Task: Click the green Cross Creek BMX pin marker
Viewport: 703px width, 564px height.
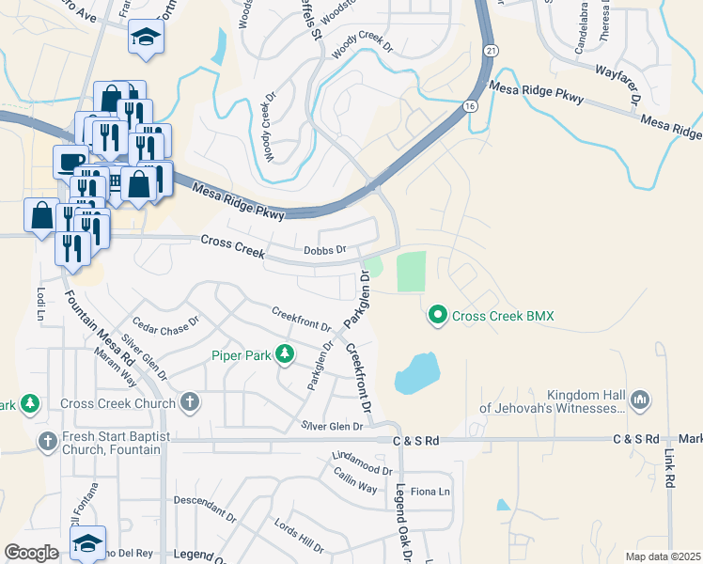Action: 437,316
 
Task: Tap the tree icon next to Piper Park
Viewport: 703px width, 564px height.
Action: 283,355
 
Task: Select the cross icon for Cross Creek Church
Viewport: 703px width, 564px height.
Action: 190,403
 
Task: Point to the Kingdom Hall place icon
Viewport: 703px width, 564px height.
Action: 640,399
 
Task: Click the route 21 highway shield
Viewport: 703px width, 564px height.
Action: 490,49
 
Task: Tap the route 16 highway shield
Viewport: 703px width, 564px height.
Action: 469,107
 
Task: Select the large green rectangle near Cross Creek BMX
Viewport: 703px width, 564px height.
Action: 411,272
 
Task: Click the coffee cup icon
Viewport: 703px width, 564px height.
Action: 71,160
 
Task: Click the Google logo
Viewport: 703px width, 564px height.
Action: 31,553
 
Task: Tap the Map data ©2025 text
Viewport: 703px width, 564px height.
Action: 662,556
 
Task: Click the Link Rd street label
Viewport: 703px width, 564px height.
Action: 670,467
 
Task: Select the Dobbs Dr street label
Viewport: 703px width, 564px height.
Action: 325,250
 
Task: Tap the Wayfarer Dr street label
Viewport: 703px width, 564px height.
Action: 617,84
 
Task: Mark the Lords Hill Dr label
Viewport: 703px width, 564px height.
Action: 299,534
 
